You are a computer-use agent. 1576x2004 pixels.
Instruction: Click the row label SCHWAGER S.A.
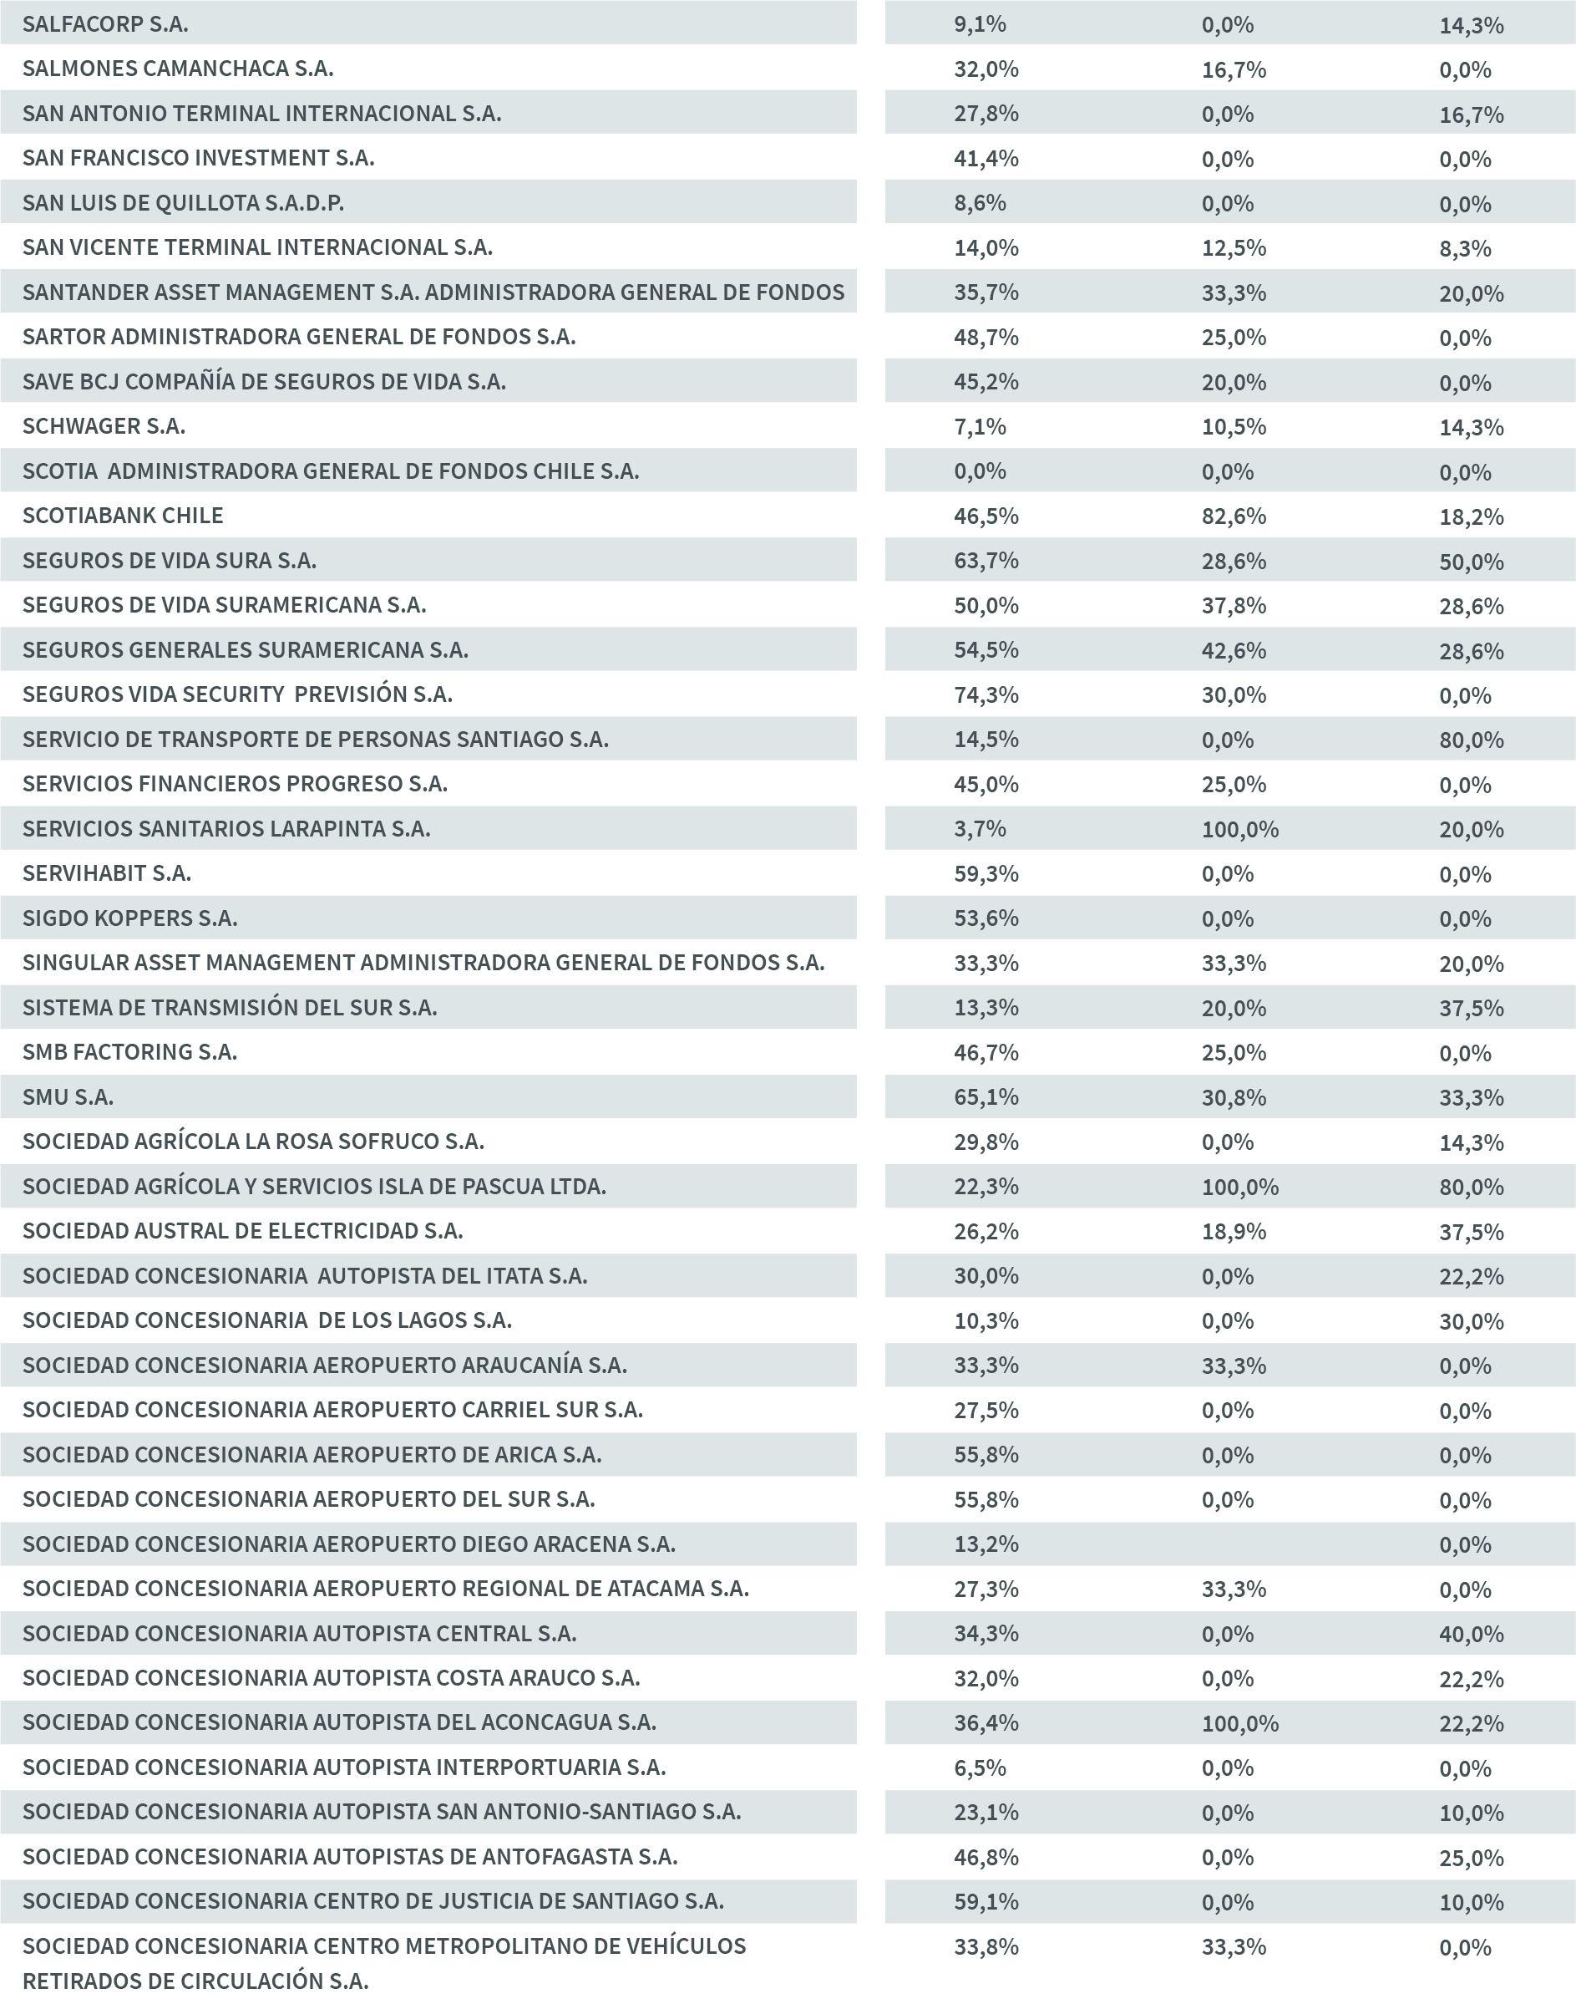(104, 425)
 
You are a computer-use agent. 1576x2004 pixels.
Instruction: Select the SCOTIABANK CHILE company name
(123, 515)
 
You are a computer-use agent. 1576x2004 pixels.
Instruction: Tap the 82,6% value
(1233, 516)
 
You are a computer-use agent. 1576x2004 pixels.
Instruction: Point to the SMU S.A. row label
(68, 1096)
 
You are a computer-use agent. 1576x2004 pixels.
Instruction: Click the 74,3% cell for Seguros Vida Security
(986, 694)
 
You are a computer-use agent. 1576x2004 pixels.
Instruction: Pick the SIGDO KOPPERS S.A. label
(129, 918)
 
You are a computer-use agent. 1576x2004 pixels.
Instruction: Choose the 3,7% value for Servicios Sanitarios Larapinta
(979, 829)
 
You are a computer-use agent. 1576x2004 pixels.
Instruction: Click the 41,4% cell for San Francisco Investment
(986, 158)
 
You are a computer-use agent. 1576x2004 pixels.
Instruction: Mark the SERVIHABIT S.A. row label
(106, 873)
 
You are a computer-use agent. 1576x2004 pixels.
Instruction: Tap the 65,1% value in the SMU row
(986, 1096)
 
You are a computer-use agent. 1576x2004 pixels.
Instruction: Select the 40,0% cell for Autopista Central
(1471, 1634)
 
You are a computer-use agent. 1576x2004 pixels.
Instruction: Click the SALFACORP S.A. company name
(105, 24)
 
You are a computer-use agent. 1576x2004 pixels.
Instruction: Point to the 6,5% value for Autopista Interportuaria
(979, 1767)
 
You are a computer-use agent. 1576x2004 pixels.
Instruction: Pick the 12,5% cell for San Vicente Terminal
(1233, 247)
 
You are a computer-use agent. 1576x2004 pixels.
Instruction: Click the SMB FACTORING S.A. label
(129, 1051)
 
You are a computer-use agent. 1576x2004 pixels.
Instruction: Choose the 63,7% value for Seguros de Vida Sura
(986, 560)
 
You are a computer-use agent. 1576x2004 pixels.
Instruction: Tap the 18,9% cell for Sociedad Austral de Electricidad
(1233, 1231)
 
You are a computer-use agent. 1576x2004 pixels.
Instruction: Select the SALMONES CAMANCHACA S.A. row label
(177, 69)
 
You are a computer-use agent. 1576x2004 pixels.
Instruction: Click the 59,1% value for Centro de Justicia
(986, 1901)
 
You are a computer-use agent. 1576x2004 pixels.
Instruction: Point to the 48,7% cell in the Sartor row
(986, 337)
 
